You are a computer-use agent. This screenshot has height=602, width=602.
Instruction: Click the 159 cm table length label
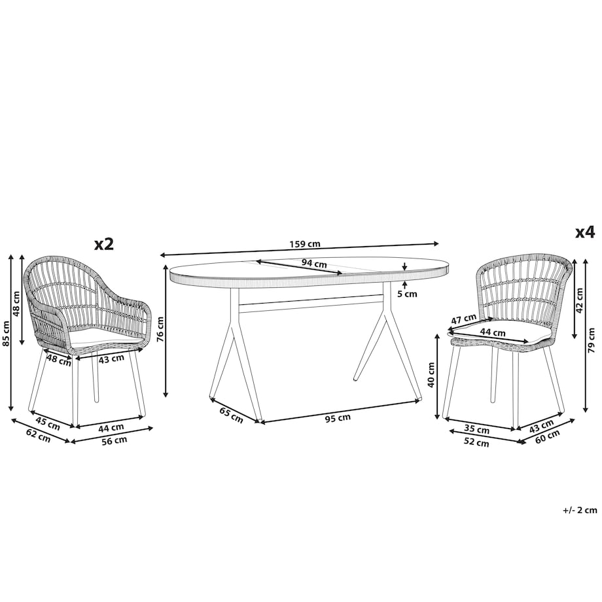click(x=305, y=244)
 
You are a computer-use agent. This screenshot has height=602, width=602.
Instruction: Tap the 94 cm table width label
click(x=314, y=264)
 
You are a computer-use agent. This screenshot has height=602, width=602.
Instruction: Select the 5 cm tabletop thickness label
click(x=407, y=294)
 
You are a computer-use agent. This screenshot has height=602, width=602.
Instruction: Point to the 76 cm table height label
click(x=160, y=329)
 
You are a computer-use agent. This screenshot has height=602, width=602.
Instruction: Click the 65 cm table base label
click(x=232, y=415)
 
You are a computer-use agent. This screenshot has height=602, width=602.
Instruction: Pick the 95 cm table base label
click(x=338, y=418)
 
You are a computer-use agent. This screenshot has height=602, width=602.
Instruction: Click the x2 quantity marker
click(x=104, y=244)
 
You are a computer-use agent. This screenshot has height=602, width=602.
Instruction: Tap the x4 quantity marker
click(x=585, y=232)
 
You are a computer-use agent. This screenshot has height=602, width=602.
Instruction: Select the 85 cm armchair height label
click(x=6, y=333)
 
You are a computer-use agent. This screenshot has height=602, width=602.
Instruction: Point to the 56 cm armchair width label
click(x=115, y=441)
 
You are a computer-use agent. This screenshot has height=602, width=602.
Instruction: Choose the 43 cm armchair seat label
click(x=111, y=358)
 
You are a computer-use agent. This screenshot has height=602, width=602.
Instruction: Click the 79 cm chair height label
click(x=592, y=343)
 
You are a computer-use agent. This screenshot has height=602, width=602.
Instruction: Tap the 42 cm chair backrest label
click(x=579, y=300)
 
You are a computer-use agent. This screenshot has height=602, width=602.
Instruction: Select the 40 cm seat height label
click(x=431, y=374)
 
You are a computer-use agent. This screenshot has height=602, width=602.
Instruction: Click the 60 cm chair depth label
click(x=548, y=436)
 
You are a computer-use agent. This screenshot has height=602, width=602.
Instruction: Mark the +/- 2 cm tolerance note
click(x=580, y=510)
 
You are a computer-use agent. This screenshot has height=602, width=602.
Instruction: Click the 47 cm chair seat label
click(x=463, y=319)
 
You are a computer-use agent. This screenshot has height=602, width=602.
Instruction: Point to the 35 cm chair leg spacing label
click(x=476, y=430)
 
